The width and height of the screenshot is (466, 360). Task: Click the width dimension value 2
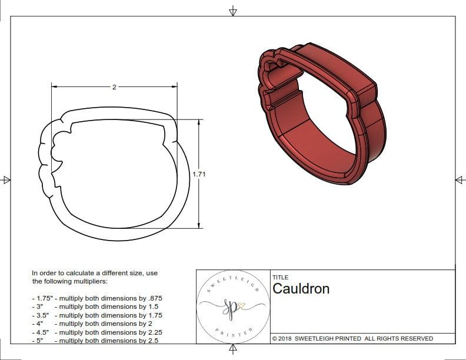tap(114, 87)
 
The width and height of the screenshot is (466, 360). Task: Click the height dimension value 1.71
tap(199, 174)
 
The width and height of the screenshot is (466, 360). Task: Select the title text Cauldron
tap(301, 289)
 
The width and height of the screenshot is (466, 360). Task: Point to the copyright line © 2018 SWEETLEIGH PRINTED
tap(352, 338)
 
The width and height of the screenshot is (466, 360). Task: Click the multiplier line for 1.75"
tap(97, 298)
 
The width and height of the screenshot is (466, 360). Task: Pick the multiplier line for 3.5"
tap(97, 315)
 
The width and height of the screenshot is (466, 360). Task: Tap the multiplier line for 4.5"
tap(97, 332)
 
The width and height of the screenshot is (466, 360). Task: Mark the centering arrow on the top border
tap(233, 11)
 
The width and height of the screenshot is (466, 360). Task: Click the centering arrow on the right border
tap(460, 179)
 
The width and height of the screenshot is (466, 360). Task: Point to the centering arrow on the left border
tap(6, 179)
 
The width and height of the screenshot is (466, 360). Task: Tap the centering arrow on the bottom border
tap(233, 349)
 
